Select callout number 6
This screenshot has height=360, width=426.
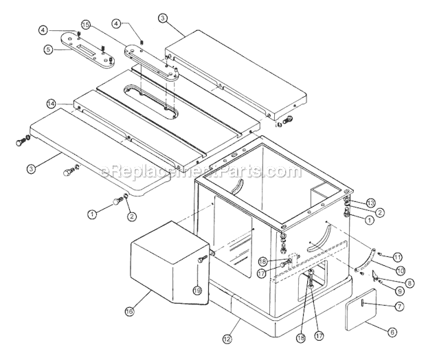pos(392,332)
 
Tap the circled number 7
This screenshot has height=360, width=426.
pos(399,304)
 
